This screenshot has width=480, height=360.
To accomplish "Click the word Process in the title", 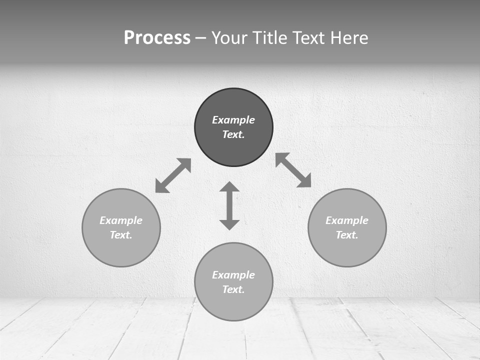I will (157, 38).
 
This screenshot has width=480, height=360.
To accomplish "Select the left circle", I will (121, 250).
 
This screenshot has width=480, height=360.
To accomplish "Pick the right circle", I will (347, 250).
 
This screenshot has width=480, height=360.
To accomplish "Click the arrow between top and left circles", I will (173, 175).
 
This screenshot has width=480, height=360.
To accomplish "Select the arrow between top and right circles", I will (293, 170).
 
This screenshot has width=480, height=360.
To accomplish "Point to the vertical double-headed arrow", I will (229, 206).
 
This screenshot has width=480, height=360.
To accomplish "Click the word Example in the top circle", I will (233, 120).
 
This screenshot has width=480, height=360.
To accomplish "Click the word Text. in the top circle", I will (233, 134).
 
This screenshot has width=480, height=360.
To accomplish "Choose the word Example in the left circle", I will (121, 220).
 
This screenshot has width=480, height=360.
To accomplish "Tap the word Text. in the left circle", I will (121, 235).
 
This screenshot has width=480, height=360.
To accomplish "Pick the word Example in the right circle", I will (347, 220).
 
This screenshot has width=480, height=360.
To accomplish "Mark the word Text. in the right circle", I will (347, 235).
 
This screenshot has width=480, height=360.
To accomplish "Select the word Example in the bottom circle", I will (233, 275).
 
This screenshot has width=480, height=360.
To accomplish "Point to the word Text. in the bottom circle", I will (233, 289).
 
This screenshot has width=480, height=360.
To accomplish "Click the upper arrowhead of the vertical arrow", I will (229, 188).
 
